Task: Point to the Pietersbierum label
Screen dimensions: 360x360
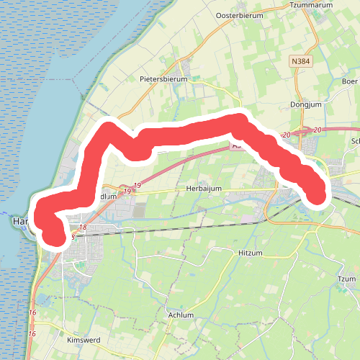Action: [x=163, y=79]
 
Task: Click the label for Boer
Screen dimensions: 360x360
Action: [x=351, y=81]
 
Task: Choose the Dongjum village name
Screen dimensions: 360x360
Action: [x=309, y=104]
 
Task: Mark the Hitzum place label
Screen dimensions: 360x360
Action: [x=250, y=253]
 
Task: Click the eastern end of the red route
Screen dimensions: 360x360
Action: [x=318, y=194]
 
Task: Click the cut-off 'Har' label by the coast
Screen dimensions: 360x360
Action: [x=21, y=222]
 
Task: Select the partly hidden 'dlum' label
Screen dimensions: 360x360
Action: [x=107, y=196]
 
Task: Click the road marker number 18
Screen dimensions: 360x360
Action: [x=83, y=228]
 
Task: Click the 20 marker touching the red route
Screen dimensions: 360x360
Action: [x=287, y=135]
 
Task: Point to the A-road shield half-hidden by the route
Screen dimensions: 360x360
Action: [x=236, y=145]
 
